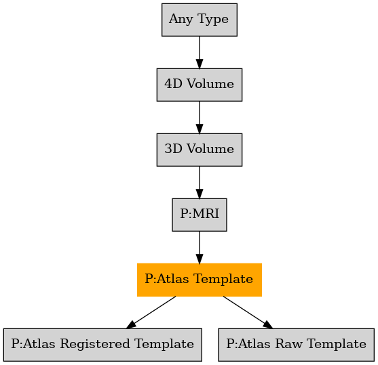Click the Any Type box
(x=200, y=20)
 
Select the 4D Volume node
(x=200, y=85)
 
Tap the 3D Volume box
(x=200, y=150)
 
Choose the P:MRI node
(x=200, y=215)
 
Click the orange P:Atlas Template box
(x=200, y=280)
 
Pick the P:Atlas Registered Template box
(x=102, y=345)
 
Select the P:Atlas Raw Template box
(x=297, y=345)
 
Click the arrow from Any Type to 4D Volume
(x=200, y=52)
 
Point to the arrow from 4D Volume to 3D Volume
(x=200, y=117)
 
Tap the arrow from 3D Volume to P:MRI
(x=200, y=182)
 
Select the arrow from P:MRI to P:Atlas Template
(x=200, y=247)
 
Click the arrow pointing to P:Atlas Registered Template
(x=151, y=312)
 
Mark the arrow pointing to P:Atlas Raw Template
(x=248, y=312)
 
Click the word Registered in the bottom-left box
(x=96, y=345)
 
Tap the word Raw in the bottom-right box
(x=288, y=343)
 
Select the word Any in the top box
(x=181, y=19)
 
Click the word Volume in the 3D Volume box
(x=210, y=149)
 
